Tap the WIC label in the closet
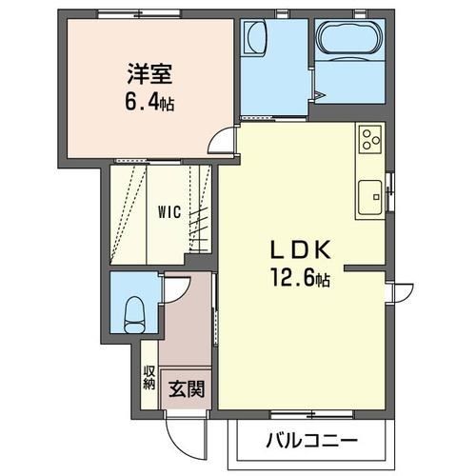(170, 212)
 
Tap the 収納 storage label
(149, 378)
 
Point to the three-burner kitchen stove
(369, 141)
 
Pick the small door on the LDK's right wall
(400, 291)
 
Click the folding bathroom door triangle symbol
(320, 93)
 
